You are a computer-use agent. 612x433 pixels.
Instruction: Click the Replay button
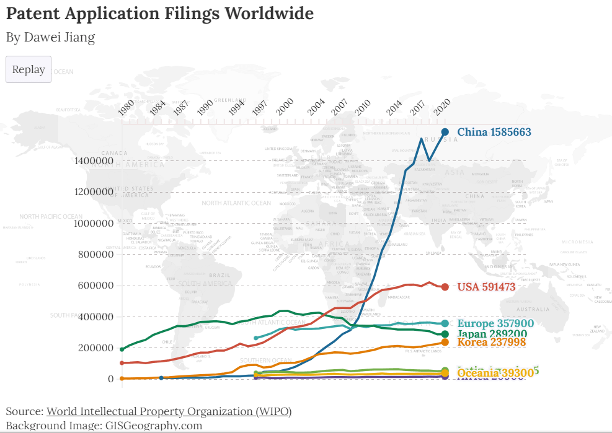[x=29, y=69]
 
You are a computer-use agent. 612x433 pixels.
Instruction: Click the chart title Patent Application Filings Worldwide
[x=160, y=13]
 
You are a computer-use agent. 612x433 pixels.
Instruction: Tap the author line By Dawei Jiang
[x=51, y=37]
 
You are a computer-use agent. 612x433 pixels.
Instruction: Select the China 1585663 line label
[x=494, y=132]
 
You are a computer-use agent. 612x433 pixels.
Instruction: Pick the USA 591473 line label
[x=486, y=287]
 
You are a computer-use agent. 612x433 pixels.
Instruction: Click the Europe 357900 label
[x=495, y=323]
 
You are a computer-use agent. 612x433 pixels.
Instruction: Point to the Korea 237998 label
[x=492, y=342]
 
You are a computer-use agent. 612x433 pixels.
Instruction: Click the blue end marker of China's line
[x=445, y=132]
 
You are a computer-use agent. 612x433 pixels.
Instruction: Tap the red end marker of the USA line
[x=445, y=287]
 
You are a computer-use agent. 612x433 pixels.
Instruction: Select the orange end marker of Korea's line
[x=445, y=342]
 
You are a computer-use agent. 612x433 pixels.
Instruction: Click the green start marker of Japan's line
[x=122, y=349]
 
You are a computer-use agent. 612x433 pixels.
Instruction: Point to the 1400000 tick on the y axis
[x=93, y=161]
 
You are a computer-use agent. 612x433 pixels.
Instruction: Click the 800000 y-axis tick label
[x=95, y=254]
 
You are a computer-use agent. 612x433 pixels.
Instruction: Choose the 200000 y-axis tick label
[x=95, y=348]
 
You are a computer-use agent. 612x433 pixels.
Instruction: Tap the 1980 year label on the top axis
[x=126, y=107]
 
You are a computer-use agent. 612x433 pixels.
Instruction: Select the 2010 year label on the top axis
[x=363, y=107]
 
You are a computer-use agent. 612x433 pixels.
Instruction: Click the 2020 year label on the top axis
[x=441, y=106]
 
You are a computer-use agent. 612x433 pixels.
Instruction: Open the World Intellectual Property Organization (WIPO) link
[x=169, y=411]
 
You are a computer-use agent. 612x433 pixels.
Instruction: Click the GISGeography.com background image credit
[x=154, y=426]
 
